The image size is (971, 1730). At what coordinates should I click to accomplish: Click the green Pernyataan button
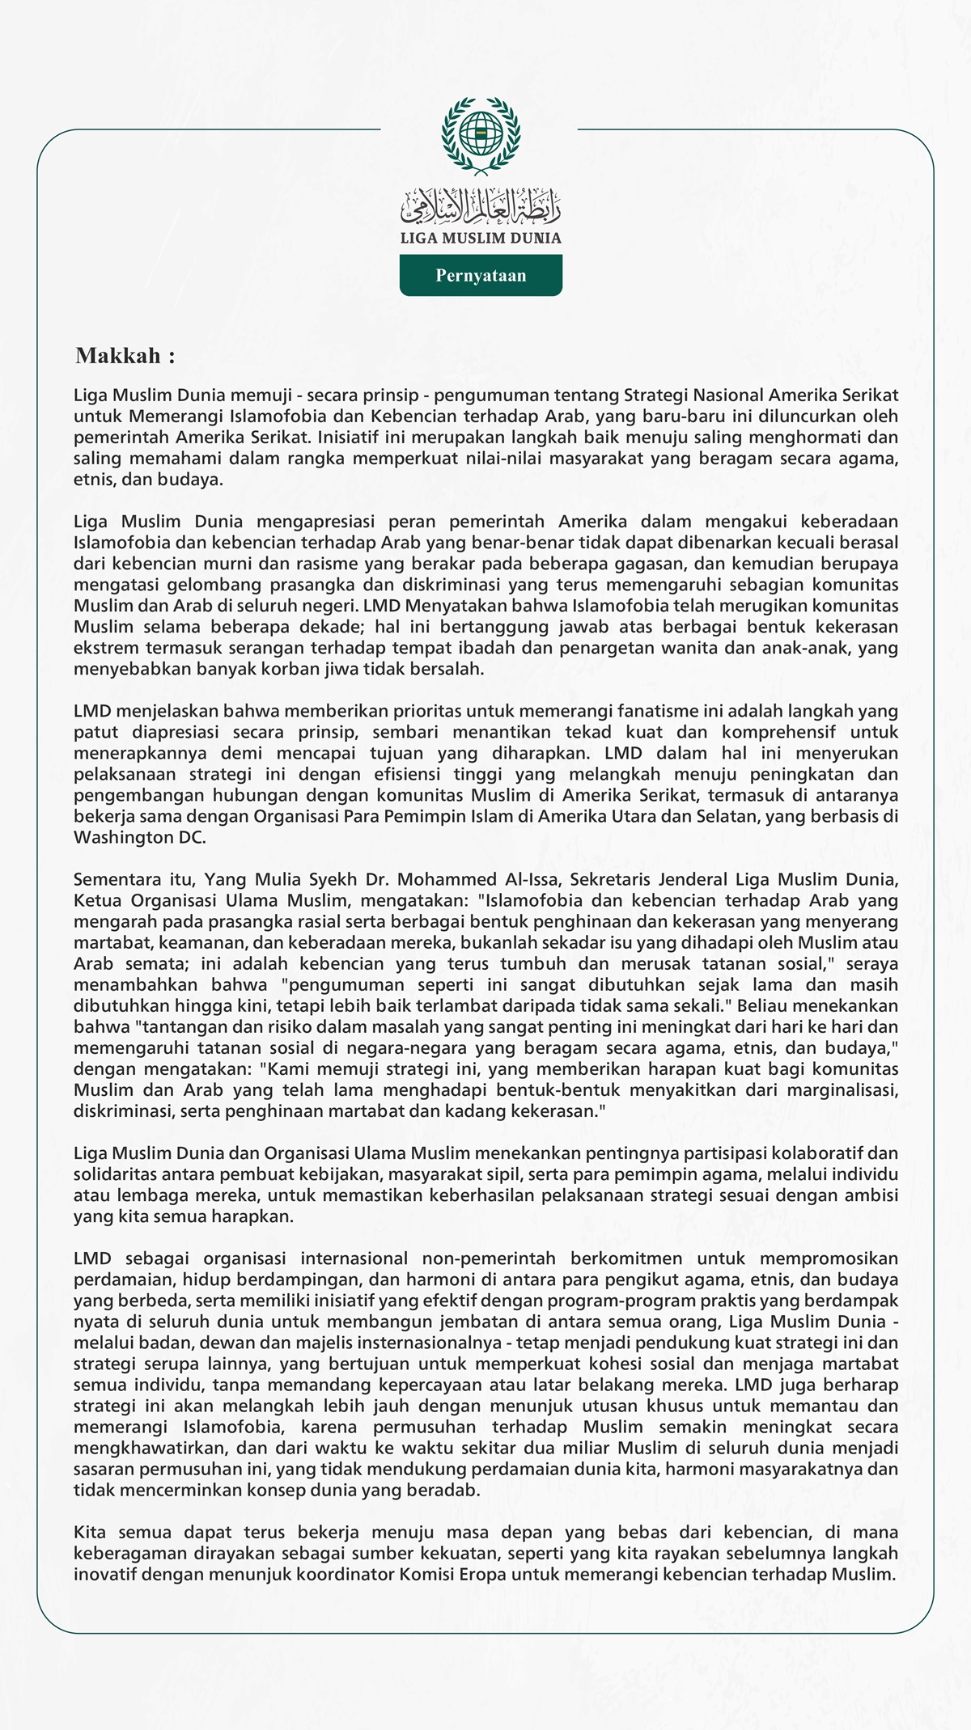point(481,275)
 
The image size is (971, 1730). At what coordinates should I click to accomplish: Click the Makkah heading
point(125,356)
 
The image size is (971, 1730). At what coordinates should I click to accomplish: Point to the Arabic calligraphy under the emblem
point(481,207)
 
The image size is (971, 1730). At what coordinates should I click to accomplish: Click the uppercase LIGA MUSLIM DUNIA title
point(481,239)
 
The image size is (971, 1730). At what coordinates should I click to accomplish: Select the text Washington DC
point(139,837)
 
